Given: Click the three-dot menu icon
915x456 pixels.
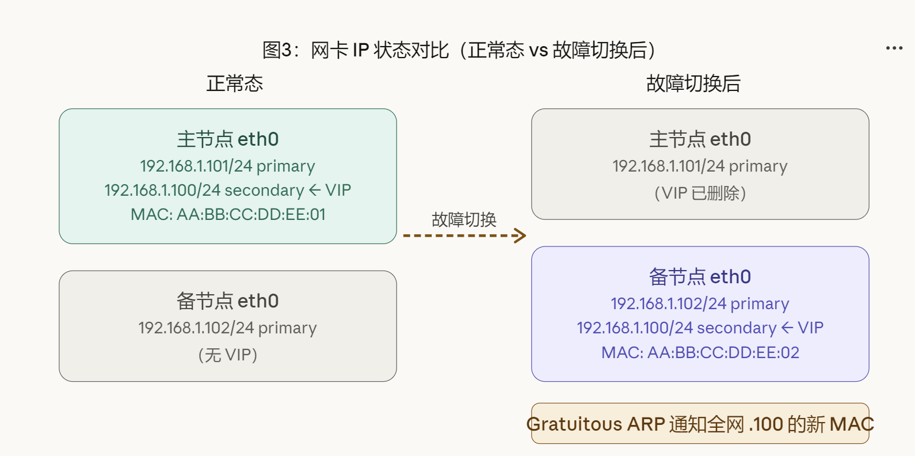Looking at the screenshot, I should (x=894, y=48).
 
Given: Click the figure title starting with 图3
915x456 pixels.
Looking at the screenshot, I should (x=458, y=50).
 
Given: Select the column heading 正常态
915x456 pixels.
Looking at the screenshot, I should (x=235, y=84).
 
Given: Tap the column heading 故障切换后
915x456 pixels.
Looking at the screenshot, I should (x=693, y=84).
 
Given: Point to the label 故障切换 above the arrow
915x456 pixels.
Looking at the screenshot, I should (x=464, y=219).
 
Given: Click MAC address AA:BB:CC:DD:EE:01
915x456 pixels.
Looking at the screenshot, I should (x=228, y=215).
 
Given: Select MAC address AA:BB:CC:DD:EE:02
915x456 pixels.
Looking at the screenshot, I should (x=700, y=352).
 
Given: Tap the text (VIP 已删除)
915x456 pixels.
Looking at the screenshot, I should (x=700, y=193).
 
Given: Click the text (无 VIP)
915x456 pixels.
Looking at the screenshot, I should (x=228, y=355).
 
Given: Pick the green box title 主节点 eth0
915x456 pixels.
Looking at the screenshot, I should (x=228, y=139).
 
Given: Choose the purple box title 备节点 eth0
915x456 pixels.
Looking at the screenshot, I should (x=700, y=277).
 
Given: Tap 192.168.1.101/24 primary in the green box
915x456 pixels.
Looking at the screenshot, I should (x=227, y=166).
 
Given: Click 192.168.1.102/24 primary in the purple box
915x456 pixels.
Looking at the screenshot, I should (x=700, y=304).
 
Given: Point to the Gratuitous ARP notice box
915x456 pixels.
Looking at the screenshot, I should (x=700, y=424).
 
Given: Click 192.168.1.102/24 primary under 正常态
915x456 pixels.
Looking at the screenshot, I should (x=227, y=328).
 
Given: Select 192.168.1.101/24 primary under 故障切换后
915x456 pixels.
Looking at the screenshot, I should (x=700, y=166).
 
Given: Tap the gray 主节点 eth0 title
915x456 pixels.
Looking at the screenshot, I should (x=700, y=139).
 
